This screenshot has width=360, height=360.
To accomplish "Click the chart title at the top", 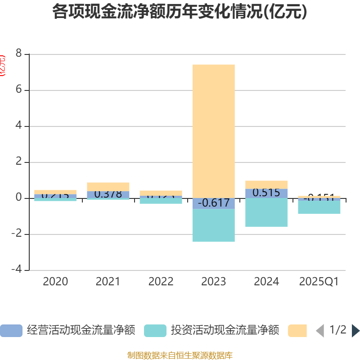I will tap(180, 12).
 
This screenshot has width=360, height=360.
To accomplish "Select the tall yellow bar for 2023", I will tap(213, 130).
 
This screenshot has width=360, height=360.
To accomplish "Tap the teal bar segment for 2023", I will tap(213, 225).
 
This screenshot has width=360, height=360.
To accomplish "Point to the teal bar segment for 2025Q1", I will tap(319, 207).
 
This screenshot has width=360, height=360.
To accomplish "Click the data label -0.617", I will tap(213, 203).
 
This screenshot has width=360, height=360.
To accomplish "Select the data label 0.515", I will tap(266, 193).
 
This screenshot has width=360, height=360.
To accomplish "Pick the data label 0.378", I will tap(108, 194).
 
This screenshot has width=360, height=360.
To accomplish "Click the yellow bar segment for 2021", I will tap(108, 186).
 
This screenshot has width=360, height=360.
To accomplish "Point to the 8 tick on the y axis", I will tap(18, 54).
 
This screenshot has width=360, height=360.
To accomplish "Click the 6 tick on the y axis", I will tap(18, 90).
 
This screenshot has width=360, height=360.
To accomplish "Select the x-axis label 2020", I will tap(55, 282).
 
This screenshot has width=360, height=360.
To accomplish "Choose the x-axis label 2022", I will tap(161, 282).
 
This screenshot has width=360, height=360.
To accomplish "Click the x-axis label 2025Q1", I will tap(319, 282).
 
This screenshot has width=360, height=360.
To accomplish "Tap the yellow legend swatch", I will tap(297, 331).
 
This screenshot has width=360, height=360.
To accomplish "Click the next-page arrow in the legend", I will tap(355, 331).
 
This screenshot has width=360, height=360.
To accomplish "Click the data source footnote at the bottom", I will tap(180, 355).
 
